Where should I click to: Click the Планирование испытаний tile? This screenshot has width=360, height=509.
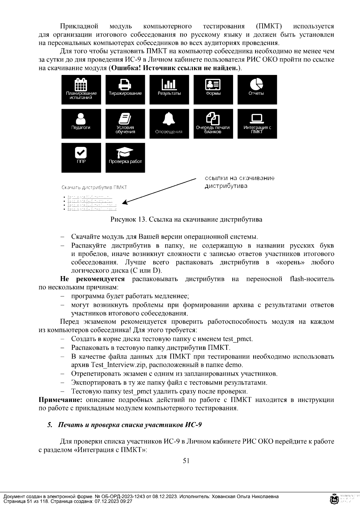pyautogui.click(x=81, y=90)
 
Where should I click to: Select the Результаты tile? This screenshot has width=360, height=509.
pyautogui.click(x=169, y=90)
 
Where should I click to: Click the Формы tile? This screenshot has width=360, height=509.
pyautogui.click(x=213, y=90)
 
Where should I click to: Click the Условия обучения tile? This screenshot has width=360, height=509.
pyautogui.click(x=125, y=124)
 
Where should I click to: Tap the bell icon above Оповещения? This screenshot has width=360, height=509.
pyautogui.click(x=169, y=119)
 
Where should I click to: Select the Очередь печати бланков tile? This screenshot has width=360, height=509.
pyautogui.click(x=213, y=124)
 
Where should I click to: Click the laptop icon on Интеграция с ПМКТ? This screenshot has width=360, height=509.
pyautogui.click(x=257, y=118)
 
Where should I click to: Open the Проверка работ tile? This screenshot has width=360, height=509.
pyautogui.click(x=125, y=158)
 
